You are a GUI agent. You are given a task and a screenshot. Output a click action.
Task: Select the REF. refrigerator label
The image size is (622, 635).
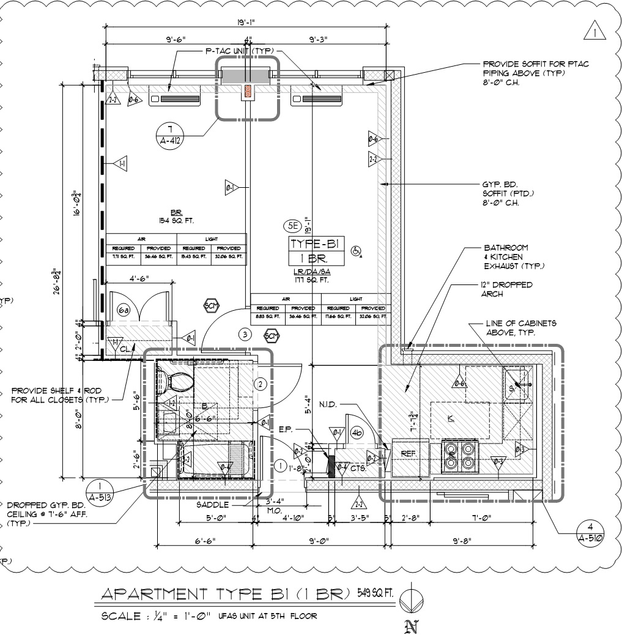tap(408, 453)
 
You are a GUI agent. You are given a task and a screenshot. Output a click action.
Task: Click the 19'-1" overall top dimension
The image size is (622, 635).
tap(247, 23)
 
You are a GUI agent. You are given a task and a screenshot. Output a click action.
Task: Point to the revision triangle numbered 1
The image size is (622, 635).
tap(594, 31)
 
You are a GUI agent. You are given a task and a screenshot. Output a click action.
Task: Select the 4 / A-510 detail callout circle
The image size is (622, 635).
tap(590, 532)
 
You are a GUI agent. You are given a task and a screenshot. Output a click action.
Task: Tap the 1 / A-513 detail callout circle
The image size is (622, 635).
tap(100, 491)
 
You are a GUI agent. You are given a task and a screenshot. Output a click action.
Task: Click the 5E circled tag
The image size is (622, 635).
tap(292, 226)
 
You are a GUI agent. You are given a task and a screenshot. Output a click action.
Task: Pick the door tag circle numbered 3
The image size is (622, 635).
tap(245, 335)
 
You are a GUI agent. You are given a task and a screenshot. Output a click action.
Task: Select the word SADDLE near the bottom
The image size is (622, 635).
tap(212, 505)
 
